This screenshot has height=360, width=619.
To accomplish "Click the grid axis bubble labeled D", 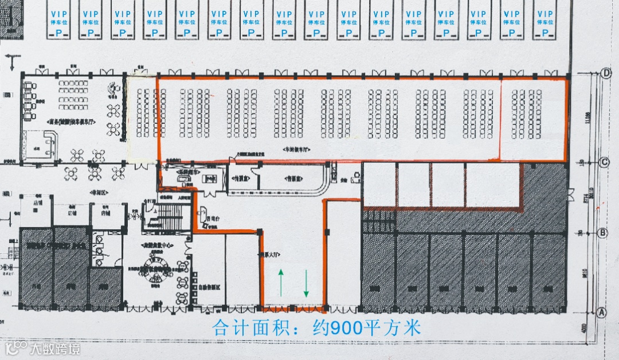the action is (606, 73).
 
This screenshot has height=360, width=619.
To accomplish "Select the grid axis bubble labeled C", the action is (604, 163).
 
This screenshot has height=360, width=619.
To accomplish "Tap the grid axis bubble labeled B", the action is (602, 233).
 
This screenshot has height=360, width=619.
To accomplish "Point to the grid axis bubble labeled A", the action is (601, 312).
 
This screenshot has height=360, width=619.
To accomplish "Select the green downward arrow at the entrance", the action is (306, 282).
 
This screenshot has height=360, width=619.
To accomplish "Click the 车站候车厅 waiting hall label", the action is (296, 148).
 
